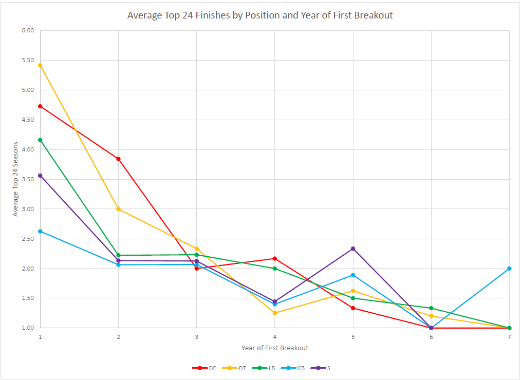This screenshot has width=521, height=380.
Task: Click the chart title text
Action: coord(260,15)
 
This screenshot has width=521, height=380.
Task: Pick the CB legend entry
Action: coord(294,368)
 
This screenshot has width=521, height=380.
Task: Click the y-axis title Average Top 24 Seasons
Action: coord(15,179)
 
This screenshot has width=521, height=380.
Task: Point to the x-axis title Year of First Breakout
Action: coord(275,348)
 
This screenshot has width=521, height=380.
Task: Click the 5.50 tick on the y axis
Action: coord(27,60)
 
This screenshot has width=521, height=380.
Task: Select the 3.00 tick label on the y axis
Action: coord(27,209)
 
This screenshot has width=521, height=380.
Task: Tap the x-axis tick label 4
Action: coord(274,336)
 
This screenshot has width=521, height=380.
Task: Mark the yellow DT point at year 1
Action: coord(40,65)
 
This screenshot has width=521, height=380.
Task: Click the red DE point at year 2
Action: coord(118,159)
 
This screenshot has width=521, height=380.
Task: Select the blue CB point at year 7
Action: coord(509,269)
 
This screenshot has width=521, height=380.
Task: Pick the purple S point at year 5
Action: coord(353,249)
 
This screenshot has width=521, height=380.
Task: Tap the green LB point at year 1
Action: coord(40,140)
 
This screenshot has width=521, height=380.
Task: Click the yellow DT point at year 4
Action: coord(275,313)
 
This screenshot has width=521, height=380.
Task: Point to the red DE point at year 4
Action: coord(275,258)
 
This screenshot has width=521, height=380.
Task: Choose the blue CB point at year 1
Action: coord(40,231)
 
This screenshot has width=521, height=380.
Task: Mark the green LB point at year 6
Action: coord(431,308)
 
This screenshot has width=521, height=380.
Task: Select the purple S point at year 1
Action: coord(40,176)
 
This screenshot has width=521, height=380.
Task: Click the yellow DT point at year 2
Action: coord(118,209)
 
